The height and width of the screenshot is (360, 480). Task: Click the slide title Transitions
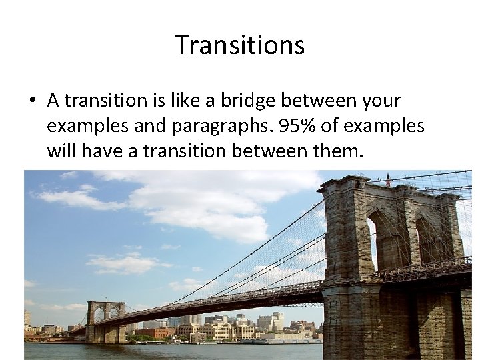coord(240,45)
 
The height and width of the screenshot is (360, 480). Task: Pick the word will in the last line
coord(64,151)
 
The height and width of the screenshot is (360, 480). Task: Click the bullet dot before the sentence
coord(31,101)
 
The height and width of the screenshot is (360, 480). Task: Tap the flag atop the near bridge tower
coord(388,179)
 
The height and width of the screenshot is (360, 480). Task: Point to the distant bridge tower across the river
coord(105,320)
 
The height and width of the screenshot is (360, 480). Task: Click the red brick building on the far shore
coord(159,331)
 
